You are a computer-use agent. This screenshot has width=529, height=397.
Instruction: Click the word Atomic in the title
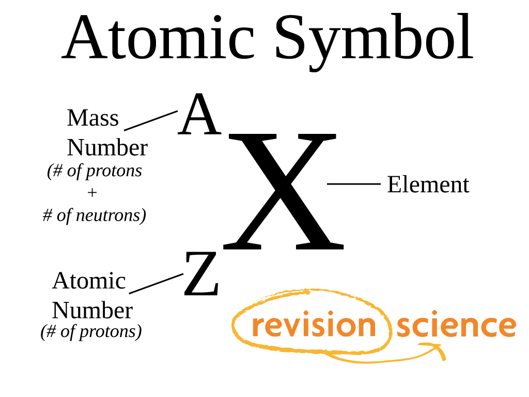(x=158, y=37)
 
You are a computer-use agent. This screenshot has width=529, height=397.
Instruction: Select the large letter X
(x=284, y=191)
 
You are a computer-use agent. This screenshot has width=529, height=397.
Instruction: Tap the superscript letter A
(x=199, y=114)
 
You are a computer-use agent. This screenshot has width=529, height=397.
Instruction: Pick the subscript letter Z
(x=201, y=274)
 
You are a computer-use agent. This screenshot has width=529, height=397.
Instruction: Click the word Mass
(x=93, y=118)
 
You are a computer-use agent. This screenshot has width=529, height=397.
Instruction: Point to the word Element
(x=428, y=185)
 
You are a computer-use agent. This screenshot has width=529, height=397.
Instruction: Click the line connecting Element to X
(x=353, y=184)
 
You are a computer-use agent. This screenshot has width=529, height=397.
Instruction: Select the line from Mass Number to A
(x=151, y=120)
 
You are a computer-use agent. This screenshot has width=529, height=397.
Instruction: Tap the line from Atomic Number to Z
(x=156, y=284)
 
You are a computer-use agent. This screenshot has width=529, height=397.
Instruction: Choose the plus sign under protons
(x=92, y=193)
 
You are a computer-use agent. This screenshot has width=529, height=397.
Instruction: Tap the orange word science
(x=457, y=324)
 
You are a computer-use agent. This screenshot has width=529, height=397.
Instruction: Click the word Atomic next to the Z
(x=89, y=281)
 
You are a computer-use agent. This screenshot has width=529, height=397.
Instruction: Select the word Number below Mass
(x=107, y=148)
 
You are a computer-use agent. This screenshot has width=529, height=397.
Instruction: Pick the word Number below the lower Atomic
(x=92, y=311)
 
